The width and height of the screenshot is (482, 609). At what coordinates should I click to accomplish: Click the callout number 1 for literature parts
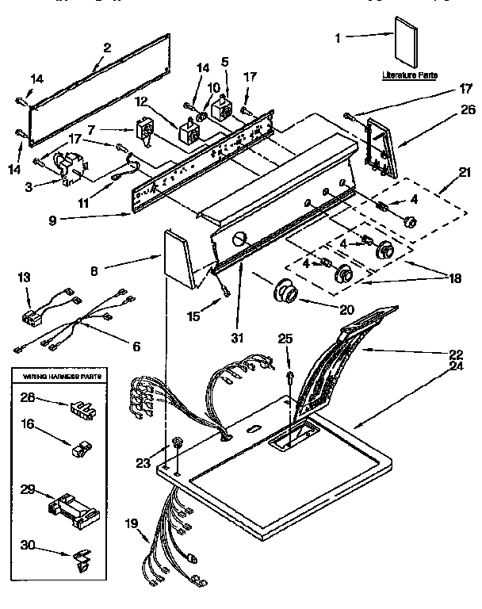(339, 36)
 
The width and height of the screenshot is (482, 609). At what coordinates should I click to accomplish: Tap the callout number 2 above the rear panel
(107, 46)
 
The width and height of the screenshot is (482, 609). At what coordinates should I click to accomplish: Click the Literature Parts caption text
(409, 75)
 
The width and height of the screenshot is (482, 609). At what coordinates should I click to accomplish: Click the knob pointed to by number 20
(285, 293)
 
